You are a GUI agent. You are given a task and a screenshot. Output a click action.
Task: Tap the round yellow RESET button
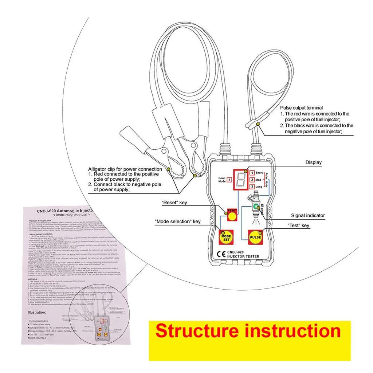[232, 216]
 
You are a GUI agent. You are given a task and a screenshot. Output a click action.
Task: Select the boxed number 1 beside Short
[252, 173]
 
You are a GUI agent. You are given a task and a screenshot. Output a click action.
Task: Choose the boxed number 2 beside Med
[252, 180]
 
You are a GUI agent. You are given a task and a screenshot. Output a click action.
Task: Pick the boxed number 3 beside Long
[252, 187]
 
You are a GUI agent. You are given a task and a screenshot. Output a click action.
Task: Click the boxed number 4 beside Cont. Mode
[229, 179]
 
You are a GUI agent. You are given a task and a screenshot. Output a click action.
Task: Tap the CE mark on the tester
[220, 254]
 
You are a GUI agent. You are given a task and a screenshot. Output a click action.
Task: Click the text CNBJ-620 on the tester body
[236, 252]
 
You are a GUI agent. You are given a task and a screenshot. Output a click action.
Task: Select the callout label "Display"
[313, 162]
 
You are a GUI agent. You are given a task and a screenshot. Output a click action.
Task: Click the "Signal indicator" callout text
[308, 215]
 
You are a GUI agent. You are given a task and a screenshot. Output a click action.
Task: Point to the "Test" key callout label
[298, 226]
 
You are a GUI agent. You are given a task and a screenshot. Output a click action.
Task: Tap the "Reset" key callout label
[174, 203]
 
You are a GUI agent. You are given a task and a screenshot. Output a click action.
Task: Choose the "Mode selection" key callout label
[177, 221]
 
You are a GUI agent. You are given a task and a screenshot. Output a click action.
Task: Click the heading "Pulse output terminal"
[301, 108]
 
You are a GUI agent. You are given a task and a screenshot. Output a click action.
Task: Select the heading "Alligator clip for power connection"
[125, 169]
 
